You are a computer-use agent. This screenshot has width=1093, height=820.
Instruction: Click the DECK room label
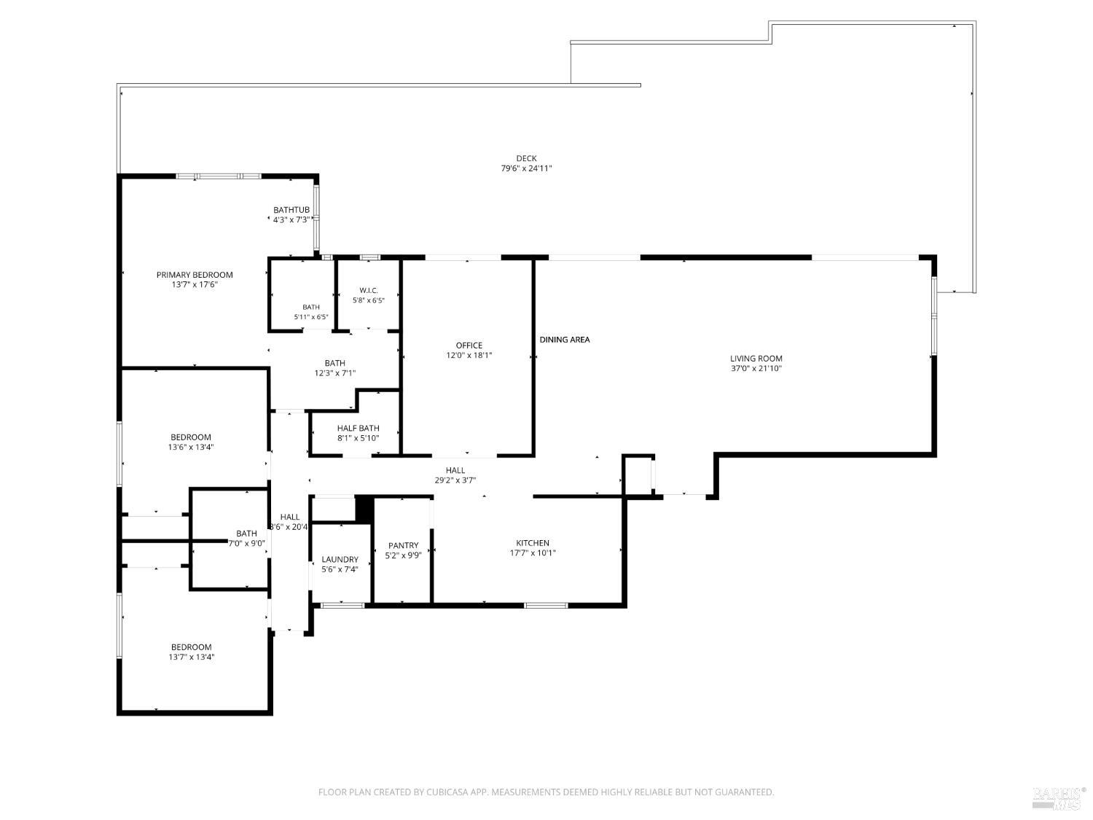click(526, 158)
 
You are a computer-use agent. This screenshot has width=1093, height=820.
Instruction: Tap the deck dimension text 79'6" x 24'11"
click(526, 168)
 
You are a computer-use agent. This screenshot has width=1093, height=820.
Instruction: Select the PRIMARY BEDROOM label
click(195, 275)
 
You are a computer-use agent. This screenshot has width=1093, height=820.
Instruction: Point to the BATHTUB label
click(291, 210)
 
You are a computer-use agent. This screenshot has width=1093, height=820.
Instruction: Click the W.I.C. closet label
click(369, 290)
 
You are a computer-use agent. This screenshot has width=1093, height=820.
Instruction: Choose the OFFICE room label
click(469, 345)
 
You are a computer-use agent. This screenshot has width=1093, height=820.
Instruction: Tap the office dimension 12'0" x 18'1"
click(469, 356)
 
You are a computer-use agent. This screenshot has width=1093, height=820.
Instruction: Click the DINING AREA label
click(565, 340)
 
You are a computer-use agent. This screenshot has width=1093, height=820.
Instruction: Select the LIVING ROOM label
click(756, 359)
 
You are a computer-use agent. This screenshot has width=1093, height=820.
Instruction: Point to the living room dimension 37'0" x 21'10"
click(756, 368)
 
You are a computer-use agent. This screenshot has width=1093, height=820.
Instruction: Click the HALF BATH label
click(358, 428)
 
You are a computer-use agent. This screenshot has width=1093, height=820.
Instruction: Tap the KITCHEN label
click(533, 543)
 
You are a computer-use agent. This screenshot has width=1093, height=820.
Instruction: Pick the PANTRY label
click(404, 546)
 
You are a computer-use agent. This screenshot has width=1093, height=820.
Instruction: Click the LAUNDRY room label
click(340, 560)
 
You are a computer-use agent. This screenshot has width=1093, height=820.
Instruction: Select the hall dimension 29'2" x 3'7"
click(455, 480)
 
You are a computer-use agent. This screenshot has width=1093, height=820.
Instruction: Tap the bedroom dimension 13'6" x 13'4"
click(191, 447)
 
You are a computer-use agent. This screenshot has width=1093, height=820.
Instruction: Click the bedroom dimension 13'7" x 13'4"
click(191, 657)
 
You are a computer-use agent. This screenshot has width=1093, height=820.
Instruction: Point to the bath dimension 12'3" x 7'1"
click(334, 373)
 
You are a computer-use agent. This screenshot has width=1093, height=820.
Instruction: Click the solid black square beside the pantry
click(364, 509)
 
